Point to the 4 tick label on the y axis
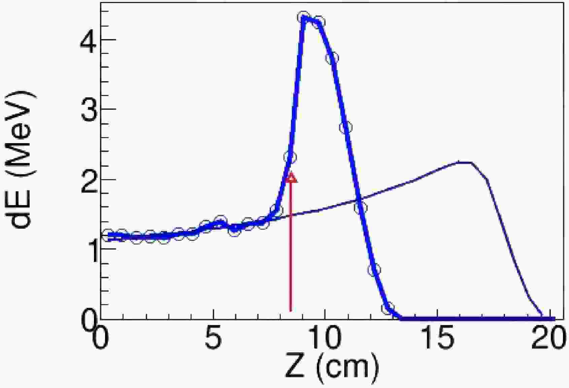pos(89,39)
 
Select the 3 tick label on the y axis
pos(89,109)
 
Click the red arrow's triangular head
pos(291,177)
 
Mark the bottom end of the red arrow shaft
pos(291,310)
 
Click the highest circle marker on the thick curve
pos(304,17)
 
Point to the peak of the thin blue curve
pos(465,163)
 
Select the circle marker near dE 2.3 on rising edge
pos(290,157)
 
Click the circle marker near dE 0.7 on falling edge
pos(374,269)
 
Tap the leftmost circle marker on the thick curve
pos(108,235)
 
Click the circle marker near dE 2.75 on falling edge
pos(346,127)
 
